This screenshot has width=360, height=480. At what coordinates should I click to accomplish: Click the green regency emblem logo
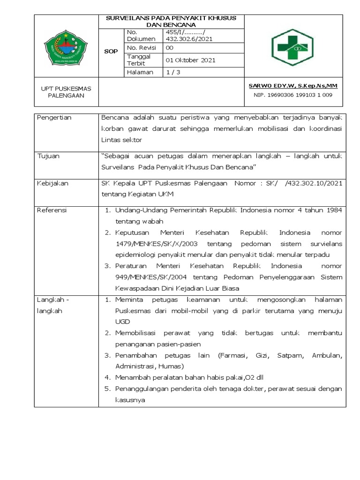[67, 46]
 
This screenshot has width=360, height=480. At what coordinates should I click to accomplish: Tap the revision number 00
[170, 48]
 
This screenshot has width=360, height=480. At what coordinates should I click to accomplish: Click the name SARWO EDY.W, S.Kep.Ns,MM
[293, 86]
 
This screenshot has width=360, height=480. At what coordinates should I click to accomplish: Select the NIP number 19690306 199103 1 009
[293, 95]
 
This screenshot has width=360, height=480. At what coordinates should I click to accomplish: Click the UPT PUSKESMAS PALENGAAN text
[67, 91]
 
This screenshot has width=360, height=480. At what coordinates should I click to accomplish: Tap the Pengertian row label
[54, 118]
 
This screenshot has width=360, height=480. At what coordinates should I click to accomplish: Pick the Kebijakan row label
[52, 183]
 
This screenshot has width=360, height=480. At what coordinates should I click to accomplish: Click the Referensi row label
[52, 210]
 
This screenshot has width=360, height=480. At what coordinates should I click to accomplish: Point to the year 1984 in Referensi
[333, 210]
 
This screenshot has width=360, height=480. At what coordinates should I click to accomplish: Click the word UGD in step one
[122, 322]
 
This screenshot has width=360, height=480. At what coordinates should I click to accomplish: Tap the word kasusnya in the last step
[131, 400]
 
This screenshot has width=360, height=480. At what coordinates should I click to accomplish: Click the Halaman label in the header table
[138, 72]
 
